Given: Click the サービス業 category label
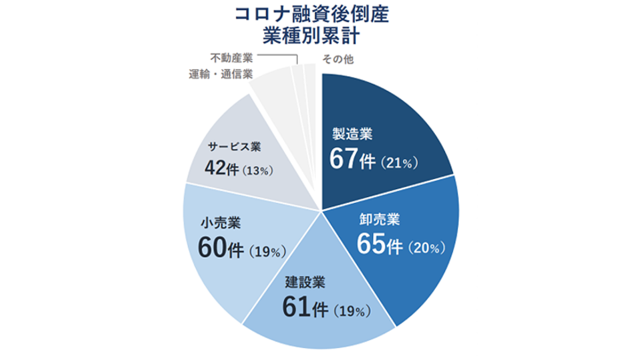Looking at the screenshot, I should (230, 147).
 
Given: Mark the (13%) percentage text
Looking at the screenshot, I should (258, 171).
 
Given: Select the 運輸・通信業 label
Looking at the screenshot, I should (220, 74).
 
